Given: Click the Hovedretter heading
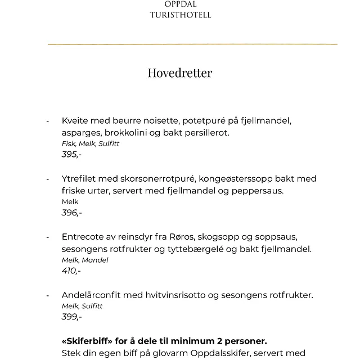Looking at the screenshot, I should click(x=180, y=74).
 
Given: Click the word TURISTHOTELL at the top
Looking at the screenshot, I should click(x=180, y=15).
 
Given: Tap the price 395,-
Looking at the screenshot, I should click(x=71, y=154).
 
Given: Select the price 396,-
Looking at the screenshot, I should click(x=71, y=213).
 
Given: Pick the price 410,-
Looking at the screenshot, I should click(x=71, y=271).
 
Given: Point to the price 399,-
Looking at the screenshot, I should click(x=71, y=317).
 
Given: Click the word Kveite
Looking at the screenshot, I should click(x=75, y=120).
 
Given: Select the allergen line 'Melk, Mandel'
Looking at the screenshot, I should click(x=84, y=260).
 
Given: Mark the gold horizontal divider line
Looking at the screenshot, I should click(x=192, y=44).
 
